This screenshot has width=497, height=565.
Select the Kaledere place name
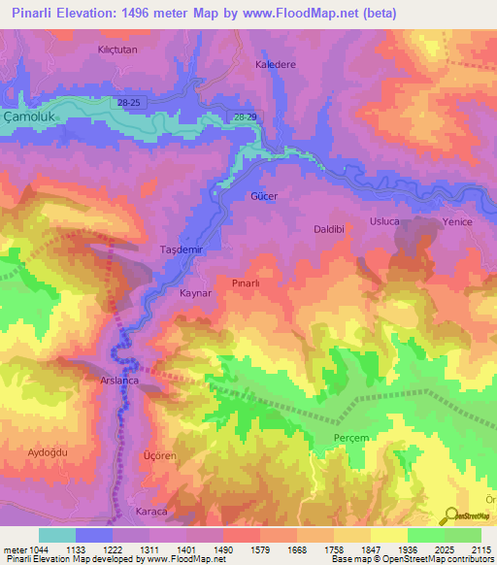click(274, 64)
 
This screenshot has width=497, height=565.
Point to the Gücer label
click(264, 196)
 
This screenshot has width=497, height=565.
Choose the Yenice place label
click(457, 222)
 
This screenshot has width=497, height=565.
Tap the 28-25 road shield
click(125, 102)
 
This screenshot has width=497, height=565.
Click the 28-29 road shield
click(246, 116)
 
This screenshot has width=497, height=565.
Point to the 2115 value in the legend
click(481, 549)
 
